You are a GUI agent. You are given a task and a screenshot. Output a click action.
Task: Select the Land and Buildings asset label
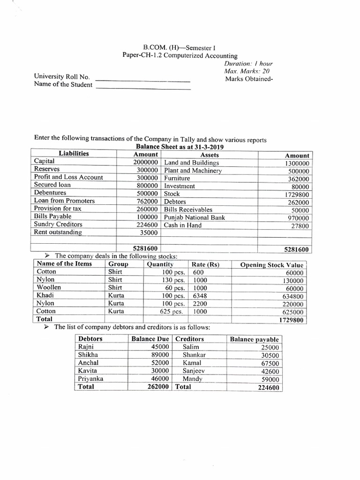click(x=191, y=162)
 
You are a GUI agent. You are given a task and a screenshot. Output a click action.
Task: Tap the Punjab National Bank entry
click(x=195, y=217)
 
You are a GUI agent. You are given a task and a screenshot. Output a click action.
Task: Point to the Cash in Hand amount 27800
click(x=300, y=226)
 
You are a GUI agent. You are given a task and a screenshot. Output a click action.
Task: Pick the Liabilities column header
click(x=74, y=153)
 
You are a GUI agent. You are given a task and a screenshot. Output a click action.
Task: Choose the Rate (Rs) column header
click(x=206, y=264)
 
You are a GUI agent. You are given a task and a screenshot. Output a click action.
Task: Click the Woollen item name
click(x=49, y=287)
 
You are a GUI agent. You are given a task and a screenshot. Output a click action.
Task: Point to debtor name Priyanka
click(x=91, y=378)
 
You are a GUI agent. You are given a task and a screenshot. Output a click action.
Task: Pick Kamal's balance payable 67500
click(x=269, y=363)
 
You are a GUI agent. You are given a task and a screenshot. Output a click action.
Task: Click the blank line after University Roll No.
click(x=143, y=78)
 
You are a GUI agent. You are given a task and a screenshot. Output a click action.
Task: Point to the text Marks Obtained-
click(x=248, y=78)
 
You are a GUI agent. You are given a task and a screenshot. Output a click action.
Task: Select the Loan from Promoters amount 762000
click(x=146, y=201)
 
